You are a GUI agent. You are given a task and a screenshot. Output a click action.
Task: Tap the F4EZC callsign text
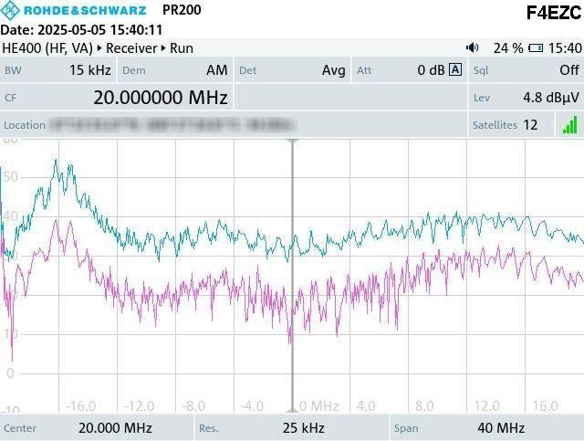click(553, 13)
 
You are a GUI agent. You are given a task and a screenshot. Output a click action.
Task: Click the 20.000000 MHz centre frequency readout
click(160, 98)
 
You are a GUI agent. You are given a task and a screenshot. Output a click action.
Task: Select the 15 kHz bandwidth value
click(89, 70)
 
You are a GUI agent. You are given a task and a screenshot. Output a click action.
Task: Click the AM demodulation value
click(216, 70)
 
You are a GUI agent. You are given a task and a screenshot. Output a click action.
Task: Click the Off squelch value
click(568, 70)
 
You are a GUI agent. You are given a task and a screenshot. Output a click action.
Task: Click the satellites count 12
click(530, 124)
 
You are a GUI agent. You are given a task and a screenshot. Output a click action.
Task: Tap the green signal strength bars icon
click(570, 124)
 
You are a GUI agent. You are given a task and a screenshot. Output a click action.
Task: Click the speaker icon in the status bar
click(472, 47)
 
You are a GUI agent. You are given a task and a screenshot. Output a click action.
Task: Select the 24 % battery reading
click(507, 47)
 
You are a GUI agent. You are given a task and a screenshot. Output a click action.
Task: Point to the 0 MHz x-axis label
click(319, 405)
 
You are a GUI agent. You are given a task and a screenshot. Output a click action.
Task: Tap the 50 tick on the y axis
click(9, 177)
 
